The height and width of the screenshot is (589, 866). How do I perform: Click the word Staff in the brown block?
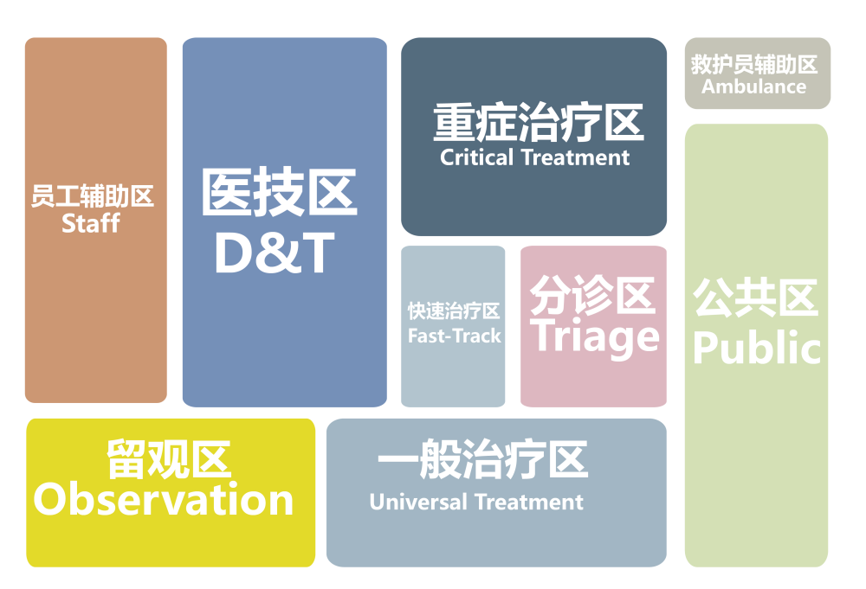[91, 223]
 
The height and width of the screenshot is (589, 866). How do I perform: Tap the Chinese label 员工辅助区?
[93, 195]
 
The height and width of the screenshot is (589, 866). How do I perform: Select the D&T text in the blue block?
[275, 253]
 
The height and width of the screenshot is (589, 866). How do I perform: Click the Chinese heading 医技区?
[280, 192]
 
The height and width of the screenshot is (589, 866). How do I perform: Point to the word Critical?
[476, 157]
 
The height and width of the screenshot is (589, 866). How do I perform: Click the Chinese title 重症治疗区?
[539, 123]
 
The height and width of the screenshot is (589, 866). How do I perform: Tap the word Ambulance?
[754, 86]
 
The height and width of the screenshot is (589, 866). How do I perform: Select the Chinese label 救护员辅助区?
[754, 65]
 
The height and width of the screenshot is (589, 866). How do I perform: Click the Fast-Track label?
[454, 336]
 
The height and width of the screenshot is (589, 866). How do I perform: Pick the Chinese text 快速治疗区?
[454, 311]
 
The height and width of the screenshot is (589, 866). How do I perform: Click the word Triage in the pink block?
[595, 337]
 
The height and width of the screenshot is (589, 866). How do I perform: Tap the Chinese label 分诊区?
[592, 294]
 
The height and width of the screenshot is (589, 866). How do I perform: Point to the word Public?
[757, 348]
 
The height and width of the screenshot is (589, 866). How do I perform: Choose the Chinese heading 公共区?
[755, 298]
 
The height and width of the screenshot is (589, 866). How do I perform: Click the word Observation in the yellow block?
[164, 499]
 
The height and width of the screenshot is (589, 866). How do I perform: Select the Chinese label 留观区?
[169, 459]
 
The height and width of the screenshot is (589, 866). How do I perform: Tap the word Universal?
[418, 502]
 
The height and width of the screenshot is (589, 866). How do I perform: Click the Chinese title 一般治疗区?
[482, 459]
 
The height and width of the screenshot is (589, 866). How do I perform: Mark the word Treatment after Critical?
[575, 157]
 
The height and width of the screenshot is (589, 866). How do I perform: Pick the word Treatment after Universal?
[529, 502]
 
